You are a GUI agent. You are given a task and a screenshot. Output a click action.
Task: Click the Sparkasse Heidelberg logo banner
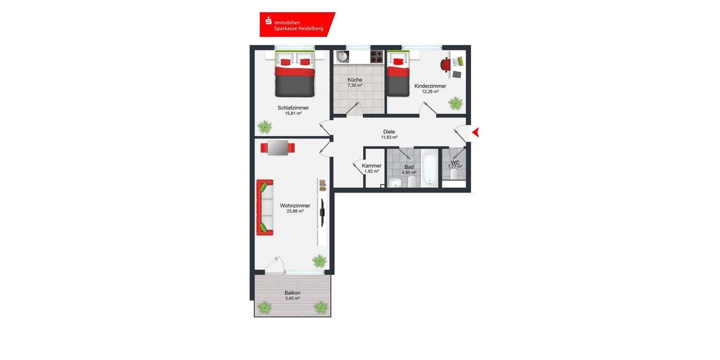(x=296, y=24)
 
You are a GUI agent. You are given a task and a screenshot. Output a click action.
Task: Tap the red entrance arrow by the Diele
(x=476, y=133)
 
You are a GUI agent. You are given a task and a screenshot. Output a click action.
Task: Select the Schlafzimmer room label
(x=293, y=108)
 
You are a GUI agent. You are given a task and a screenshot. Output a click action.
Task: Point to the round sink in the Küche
(x=342, y=57)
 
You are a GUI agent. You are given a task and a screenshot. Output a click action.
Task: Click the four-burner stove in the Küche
(x=376, y=57)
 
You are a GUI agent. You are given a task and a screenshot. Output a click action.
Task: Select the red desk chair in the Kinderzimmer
(x=446, y=64)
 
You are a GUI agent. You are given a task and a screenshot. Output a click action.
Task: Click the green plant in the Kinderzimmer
(x=455, y=103)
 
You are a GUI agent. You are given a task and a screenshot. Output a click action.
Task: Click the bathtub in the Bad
(x=429, y=169)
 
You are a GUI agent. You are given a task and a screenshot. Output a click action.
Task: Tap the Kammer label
(x=371, y=166)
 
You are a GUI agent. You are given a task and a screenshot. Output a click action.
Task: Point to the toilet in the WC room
(x=454, y=175)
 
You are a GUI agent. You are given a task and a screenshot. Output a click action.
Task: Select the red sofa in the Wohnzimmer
(x=265, y=207)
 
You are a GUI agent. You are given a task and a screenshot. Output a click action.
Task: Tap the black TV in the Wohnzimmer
(x=322, y=208)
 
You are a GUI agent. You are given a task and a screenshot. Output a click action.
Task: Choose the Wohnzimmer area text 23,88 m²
(x=295, y=211)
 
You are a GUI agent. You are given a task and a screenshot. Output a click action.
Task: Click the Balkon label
(x=292, y=293)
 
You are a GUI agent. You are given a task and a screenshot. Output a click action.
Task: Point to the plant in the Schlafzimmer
(x=264, y=127)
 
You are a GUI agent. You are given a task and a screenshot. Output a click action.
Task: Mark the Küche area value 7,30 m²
(x=355, y=86)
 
